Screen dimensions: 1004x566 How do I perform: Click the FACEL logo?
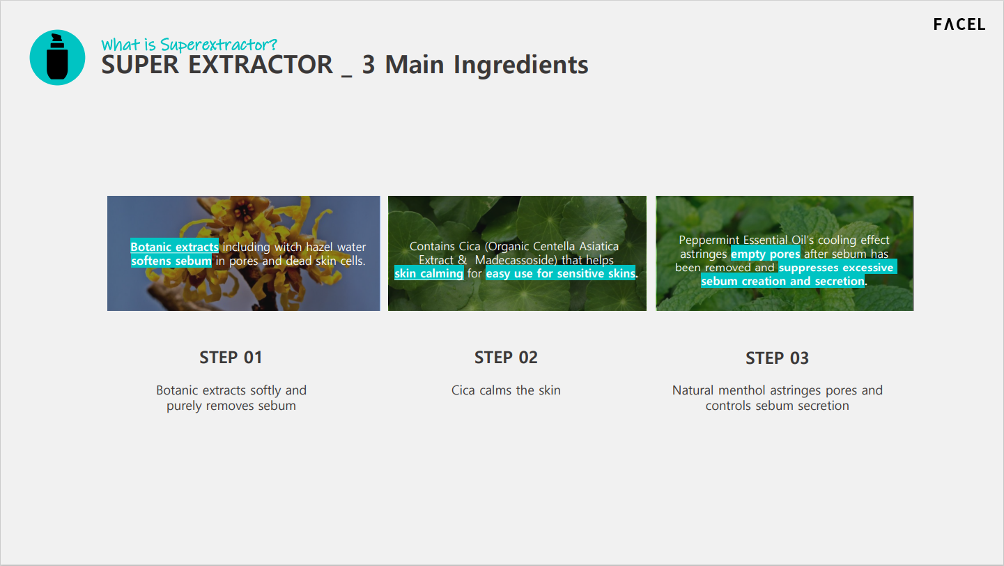[x=959, y=24]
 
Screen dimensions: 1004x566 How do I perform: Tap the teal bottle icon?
[x=57, y=57]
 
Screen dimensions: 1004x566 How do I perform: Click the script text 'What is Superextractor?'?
[x=189, y=45]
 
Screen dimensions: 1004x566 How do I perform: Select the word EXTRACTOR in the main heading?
[x=261, y=65]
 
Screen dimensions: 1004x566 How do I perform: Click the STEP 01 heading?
[x=231, y=358]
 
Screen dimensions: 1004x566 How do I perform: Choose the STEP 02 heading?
[x=506, y=358]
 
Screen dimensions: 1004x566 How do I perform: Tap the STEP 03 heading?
[x=777, y=358]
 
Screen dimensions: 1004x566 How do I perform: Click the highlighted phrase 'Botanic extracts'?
[x=174, y=247]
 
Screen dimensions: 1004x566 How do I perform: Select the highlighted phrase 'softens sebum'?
[x=171, y=261]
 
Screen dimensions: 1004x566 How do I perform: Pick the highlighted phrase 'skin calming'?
[x=429, y=273]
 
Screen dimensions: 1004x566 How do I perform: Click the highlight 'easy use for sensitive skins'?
[x=560, y=273]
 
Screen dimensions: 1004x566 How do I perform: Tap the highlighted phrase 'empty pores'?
[x=766, y=254]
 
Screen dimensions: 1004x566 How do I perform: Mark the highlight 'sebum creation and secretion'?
[x=782, y=281]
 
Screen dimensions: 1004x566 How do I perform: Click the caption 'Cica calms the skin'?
[x=506, y=390]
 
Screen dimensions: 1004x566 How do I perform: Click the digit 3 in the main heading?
[x=369, y=65]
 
